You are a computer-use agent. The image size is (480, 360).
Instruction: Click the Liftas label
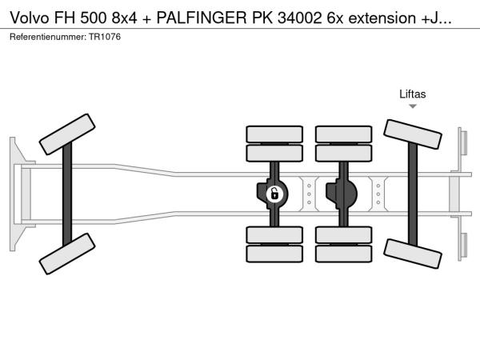[x=413, y=94]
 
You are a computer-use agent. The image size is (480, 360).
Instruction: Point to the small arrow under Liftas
[x=413, y=106]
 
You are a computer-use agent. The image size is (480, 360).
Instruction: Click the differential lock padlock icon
[x=274, y=193]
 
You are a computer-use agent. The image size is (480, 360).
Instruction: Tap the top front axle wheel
[x=67, y=134]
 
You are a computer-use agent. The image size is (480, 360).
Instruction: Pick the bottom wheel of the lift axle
[x=413, y=252]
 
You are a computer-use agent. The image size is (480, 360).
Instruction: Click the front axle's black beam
[x=68, y=194]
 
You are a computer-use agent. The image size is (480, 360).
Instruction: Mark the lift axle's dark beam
[x=414, y=194]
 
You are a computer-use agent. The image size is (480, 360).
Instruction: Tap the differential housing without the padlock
[x=342, y=193]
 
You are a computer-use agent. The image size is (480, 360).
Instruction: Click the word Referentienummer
[x=46, y=37]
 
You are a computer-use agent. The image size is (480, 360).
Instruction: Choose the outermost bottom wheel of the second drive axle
[x=342, y=254]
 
